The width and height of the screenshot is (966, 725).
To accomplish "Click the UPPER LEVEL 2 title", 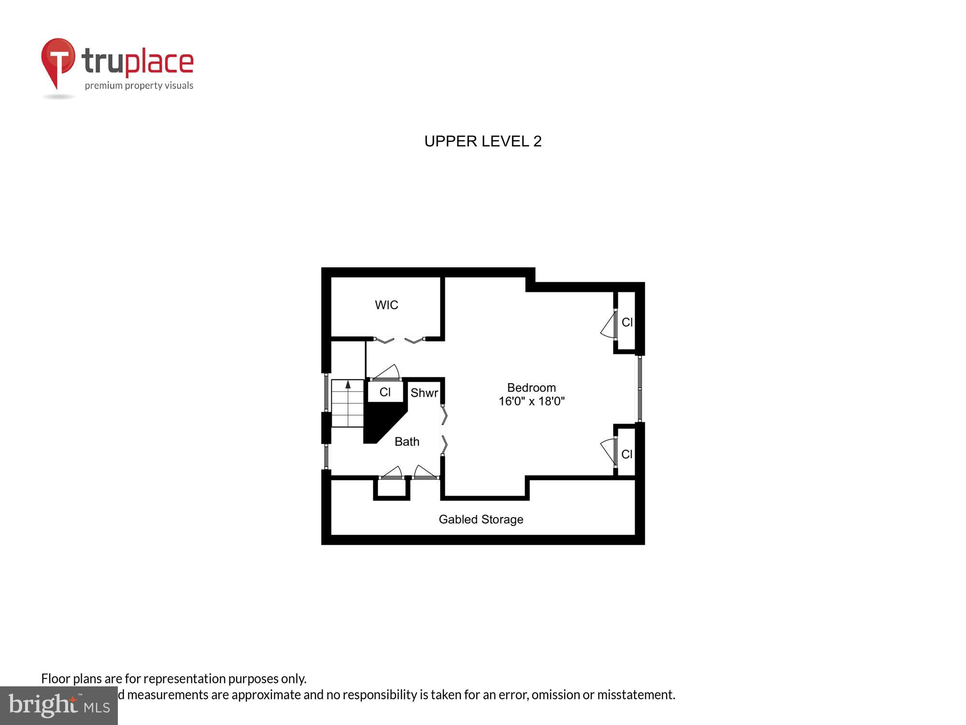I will [483, 141].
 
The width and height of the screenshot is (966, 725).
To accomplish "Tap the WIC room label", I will [386, 305].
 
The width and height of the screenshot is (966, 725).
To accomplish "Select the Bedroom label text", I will [531, 388].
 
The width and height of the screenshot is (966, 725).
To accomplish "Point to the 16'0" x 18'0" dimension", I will [531, 401].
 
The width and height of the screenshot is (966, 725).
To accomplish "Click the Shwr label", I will [424, 393].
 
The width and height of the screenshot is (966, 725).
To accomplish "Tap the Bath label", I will [407, 441].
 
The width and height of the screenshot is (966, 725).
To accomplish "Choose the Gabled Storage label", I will [481, 519].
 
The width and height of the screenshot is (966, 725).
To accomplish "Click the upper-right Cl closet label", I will [627, 322].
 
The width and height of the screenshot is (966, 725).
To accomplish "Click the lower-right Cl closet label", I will [627, 454].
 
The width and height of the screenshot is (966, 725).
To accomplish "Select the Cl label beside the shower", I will [385, 392].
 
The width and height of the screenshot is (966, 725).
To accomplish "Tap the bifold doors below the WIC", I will [399, 340].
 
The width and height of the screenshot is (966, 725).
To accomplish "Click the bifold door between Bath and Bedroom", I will [444, 430].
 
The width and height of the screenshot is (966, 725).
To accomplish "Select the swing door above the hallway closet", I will [386, 374].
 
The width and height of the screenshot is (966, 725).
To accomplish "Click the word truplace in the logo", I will [138, 62].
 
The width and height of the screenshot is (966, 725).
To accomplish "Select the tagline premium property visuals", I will [139, 86].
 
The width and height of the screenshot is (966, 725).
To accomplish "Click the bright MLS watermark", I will [59, 705].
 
